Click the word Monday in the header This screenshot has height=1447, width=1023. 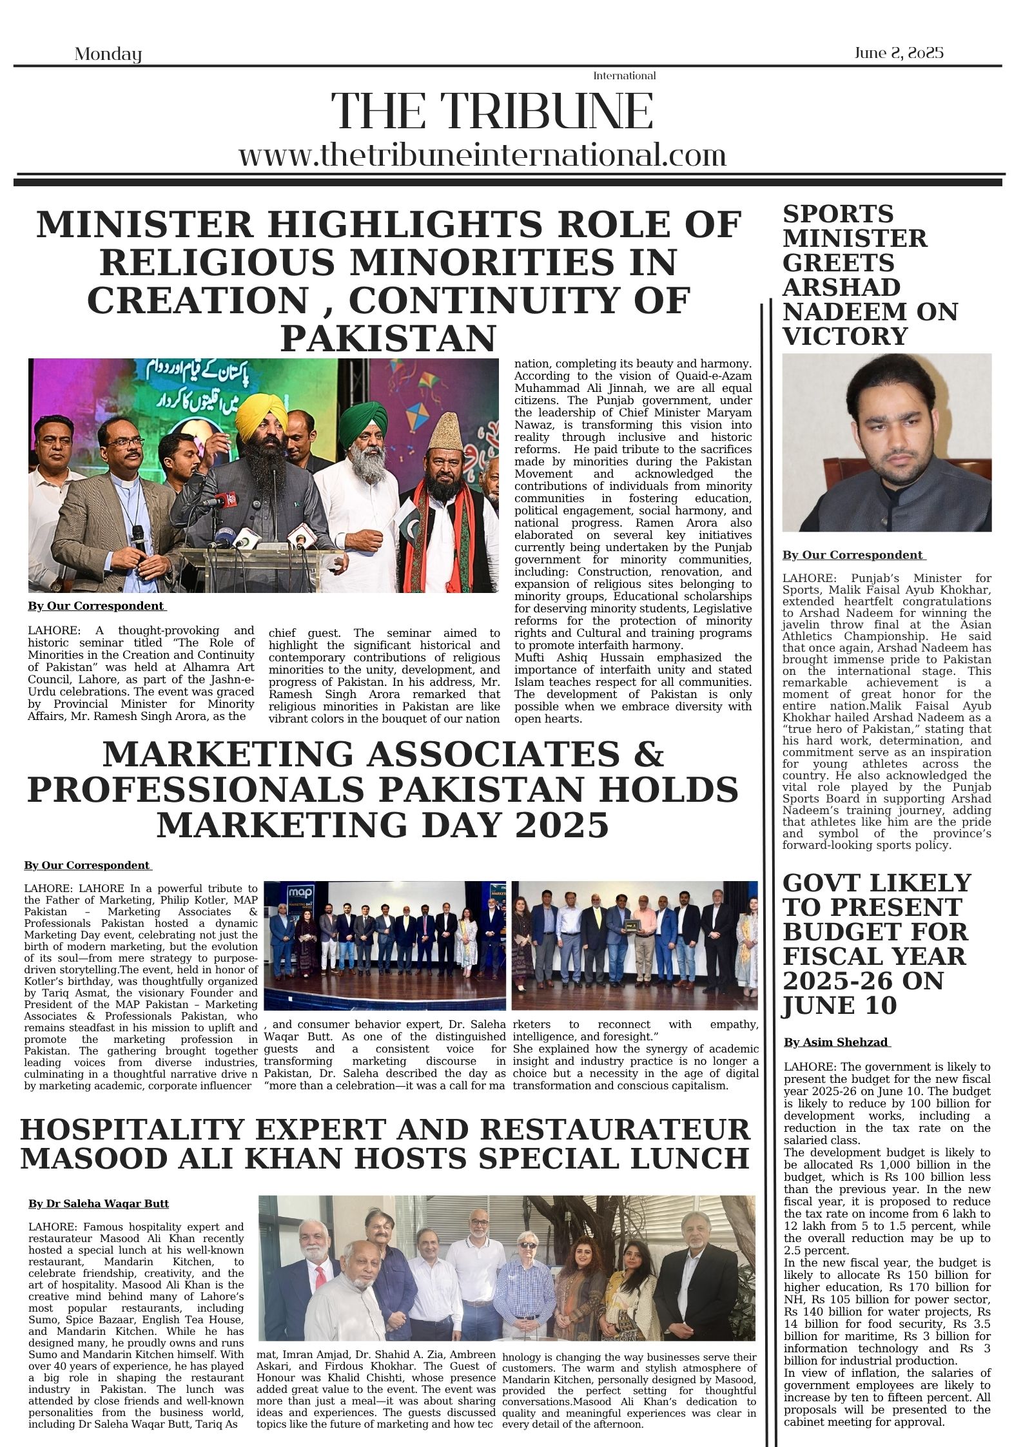coord(108,54)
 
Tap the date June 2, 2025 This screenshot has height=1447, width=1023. coord(899,53)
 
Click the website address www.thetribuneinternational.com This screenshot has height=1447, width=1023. coord(482,155)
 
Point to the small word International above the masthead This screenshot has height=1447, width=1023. coord(624,76)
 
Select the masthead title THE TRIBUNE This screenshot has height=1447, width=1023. coord(492,112)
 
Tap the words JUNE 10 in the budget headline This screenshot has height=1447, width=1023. coord(839,1005)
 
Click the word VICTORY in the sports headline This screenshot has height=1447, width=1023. coord(845,336)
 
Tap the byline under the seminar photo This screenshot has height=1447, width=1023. coord(97,606)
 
